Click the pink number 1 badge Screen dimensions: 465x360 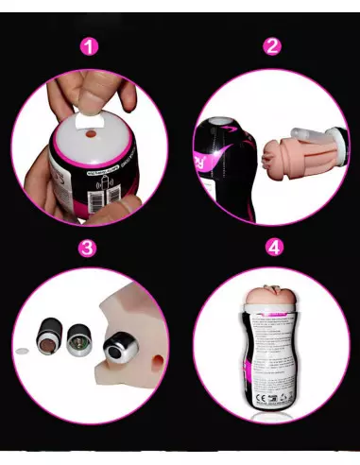(90, 46)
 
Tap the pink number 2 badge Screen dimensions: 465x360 (272, 46)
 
